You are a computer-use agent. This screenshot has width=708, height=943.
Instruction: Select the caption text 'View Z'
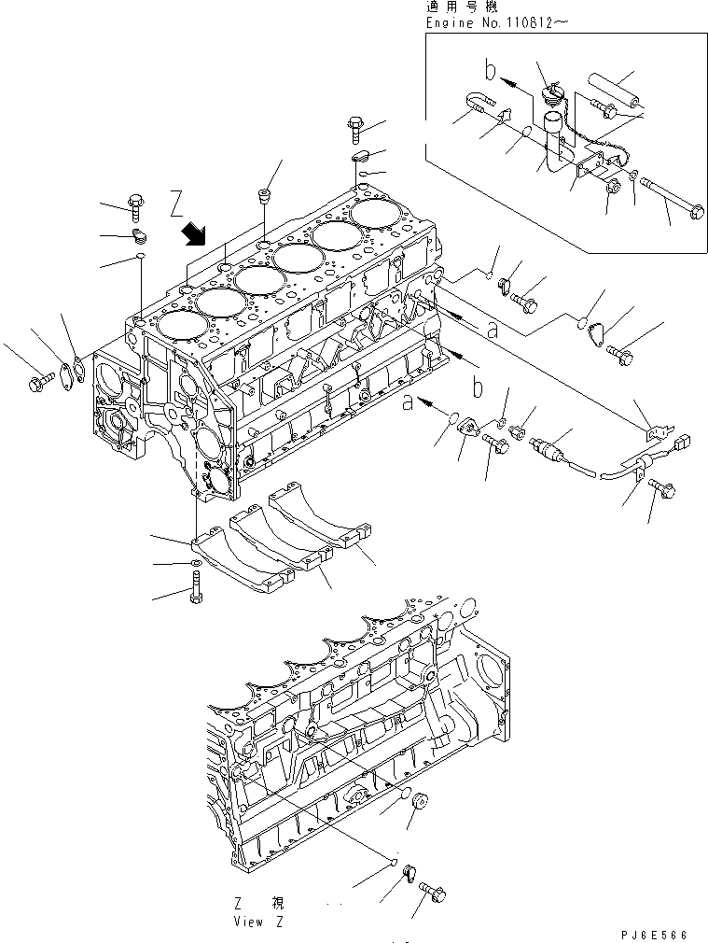(x=259, y=921)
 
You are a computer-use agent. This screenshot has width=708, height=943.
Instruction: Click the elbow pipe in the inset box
(x=557, y=140)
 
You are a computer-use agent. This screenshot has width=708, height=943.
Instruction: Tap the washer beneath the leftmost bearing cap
(x=192, y=564)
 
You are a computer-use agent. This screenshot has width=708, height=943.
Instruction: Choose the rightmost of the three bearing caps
(x=322, y=526)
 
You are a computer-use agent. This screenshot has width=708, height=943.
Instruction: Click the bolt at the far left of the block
(x=41, y=382)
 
